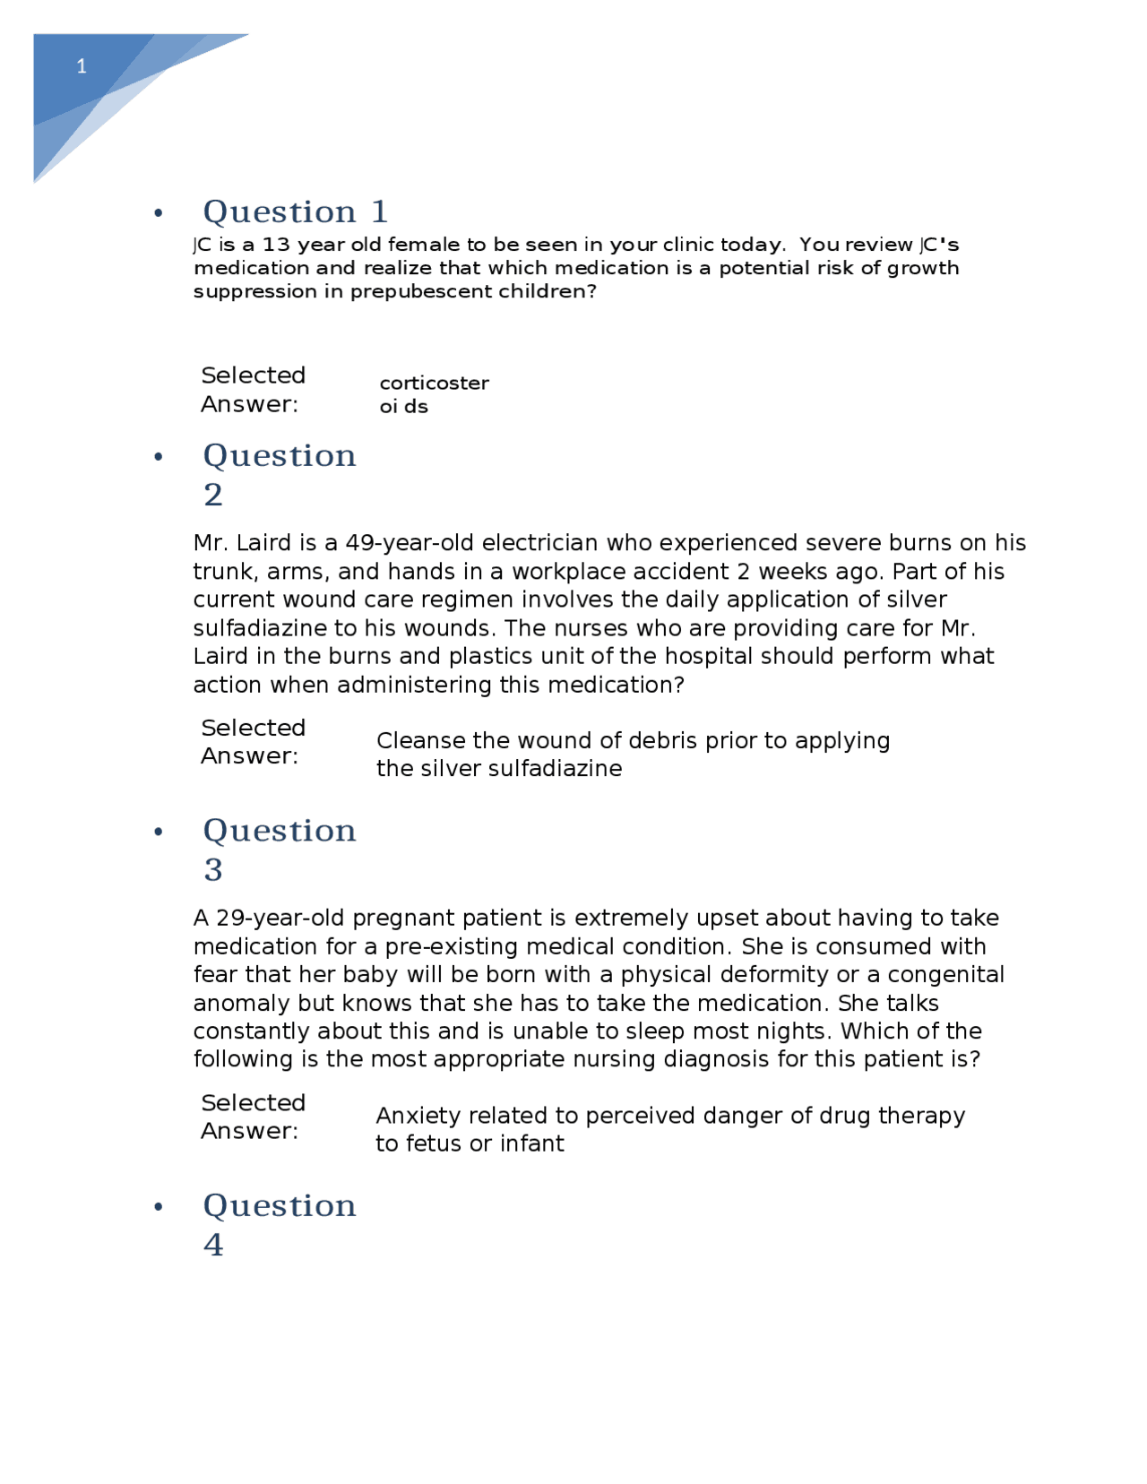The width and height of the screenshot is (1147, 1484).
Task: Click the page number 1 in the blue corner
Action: click(82, 66)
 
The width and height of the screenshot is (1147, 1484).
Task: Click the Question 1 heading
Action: click(295, 212)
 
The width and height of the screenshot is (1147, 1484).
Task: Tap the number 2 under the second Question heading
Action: click(213, 495)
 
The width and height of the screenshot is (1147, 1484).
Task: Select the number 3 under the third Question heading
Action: click(213, 870)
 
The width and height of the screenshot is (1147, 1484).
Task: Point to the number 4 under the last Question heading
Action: click(213, 1245)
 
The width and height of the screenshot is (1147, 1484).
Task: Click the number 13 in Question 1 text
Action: click(277, 245)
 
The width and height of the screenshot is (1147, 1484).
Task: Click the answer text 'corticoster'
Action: click(434, 384)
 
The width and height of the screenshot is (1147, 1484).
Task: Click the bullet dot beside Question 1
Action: click(159, 213)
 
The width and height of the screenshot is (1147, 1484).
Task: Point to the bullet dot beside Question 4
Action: click(159, 1207)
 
